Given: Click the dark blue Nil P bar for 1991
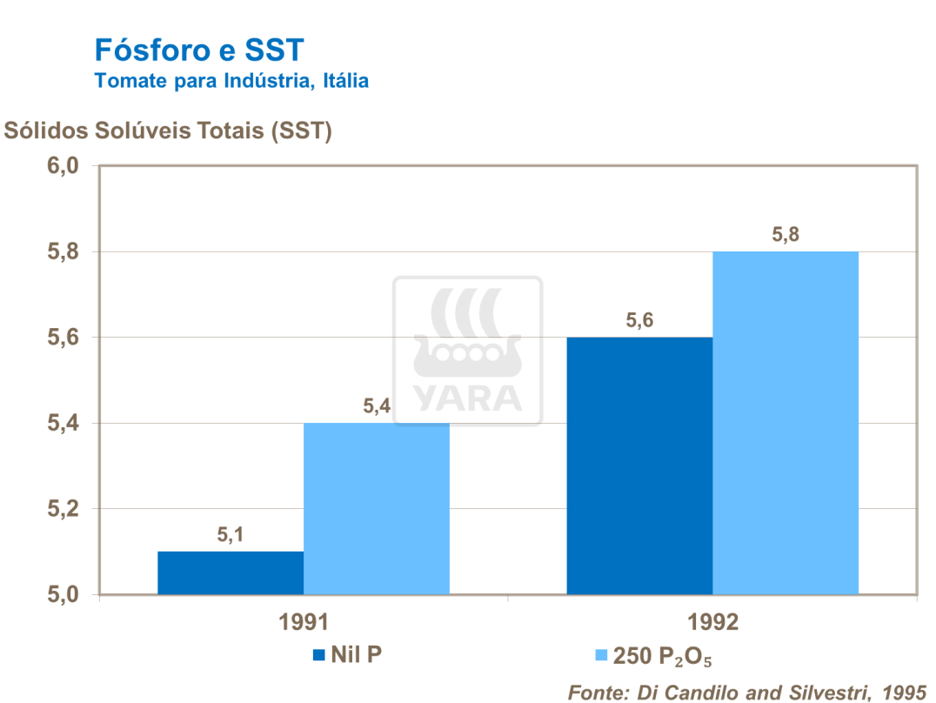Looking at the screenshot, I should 231,573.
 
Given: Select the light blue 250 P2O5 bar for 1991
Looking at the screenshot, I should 377,509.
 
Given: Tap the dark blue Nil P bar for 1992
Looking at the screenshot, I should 639,465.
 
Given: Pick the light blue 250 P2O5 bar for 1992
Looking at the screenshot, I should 786,423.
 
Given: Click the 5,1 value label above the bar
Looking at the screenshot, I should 231,535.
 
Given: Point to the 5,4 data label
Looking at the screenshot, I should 377,406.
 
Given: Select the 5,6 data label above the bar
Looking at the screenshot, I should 639,320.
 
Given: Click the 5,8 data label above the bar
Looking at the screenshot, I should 786,235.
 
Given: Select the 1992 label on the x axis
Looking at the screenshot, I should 712,623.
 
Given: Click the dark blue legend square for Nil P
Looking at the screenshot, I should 318,654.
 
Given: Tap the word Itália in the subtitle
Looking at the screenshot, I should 346,81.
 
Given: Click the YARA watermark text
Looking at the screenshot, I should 467,397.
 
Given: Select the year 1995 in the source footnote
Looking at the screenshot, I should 904,692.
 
